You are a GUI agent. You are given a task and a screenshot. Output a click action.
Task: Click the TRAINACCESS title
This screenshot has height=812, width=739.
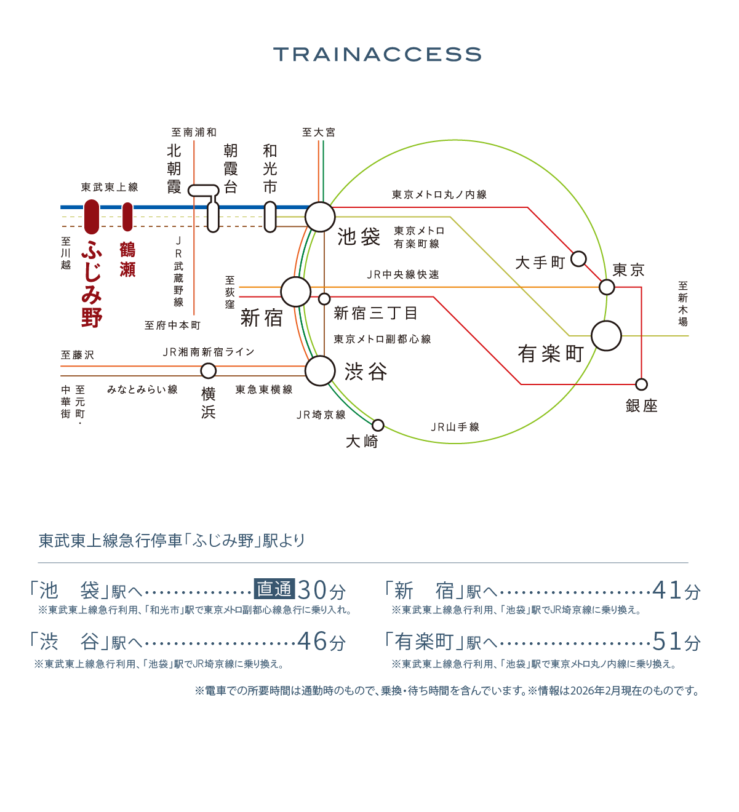pyautogui.click(x=377, y=54)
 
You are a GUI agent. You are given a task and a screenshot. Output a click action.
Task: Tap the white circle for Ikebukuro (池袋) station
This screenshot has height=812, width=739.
pyautogui.click(x=320, y=217)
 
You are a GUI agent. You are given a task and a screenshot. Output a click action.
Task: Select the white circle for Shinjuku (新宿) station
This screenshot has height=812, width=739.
pyautogui.click(x=296, y=292)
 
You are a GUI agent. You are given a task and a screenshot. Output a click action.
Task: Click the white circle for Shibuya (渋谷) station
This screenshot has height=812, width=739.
pyautogui.click(x=320, y=371)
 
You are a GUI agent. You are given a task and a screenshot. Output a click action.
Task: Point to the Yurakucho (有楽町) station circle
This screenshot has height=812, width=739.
pyautogui.click(x=607, y=336)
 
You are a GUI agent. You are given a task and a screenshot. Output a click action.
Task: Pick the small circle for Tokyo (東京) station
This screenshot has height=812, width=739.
pyautogui.click(x=607, y=287)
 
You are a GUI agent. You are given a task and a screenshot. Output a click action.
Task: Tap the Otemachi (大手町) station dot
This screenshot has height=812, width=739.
pyautogui.click(x=578, y=258)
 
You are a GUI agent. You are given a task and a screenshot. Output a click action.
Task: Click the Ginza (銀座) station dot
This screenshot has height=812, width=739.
pyautogui.click(x=642, y=384)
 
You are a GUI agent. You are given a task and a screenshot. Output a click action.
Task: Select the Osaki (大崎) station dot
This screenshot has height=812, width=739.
pyautogui.click(x=378, y=425)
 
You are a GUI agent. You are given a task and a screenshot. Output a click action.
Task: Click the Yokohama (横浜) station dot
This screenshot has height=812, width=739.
pyautogui.click(x=209, y=371)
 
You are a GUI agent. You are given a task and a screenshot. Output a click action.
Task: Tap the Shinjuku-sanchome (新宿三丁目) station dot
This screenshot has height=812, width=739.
pyautogui.click(x=324, y=299)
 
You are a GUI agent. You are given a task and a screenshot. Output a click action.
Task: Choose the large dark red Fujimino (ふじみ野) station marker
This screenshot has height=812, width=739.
pyautogui.click(x=92, y=217)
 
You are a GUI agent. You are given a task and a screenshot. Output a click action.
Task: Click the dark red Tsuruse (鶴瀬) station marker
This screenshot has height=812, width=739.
pyautogui.click(x=127, y=217)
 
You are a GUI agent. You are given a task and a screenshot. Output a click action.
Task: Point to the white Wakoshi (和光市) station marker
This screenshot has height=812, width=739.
pyautogui.click(x=270, y=217)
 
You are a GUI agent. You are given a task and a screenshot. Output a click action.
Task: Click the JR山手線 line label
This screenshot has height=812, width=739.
pyautogui.click(x=455, y=427)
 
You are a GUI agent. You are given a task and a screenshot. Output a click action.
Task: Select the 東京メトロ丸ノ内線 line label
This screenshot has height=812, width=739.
pyautogui.click(x=439, y=195)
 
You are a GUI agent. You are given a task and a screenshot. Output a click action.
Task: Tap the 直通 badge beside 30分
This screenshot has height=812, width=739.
pyautogui.click(x=274, y=589)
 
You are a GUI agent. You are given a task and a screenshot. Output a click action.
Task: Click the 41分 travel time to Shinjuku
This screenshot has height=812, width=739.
pyautogui.click(x=676, y=591)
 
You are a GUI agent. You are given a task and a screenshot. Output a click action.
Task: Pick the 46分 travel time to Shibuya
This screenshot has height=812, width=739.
pyautogui.click(x=321, y=642)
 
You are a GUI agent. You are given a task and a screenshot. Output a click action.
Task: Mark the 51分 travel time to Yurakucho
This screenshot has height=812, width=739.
pyautogui.click(x=676, y=642)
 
